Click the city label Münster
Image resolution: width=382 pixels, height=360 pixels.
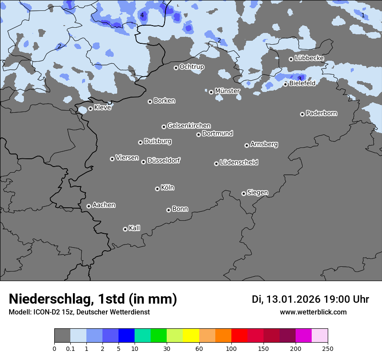[227, 91]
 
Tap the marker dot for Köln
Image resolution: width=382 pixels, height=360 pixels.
[157, 189]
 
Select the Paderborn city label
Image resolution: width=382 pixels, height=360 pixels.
[321, 113]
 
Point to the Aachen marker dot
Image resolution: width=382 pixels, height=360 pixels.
[89, 206]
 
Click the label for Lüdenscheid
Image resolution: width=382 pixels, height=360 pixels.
[239, 163]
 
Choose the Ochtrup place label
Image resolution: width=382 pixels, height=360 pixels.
[191, 67]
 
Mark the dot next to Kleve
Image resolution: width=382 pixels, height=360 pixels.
[90, 108]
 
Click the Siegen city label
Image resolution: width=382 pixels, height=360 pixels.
[257, 193]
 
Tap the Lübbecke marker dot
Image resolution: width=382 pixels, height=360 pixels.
[291, 59]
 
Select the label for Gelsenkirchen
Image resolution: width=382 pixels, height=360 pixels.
[189, 126]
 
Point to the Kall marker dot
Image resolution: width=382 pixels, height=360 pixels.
[125, 229]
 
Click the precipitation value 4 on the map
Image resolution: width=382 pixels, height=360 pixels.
[142, 15]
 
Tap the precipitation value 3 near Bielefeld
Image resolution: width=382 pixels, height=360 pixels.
[300, 79]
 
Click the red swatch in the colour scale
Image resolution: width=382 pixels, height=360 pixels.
[239, 336]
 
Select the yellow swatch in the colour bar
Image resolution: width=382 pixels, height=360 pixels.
[191, 336]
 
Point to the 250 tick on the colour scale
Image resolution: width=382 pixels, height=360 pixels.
[328, 348]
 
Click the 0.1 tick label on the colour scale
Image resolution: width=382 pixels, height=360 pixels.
[70, 348]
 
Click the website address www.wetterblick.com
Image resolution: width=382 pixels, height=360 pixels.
[313, 312]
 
